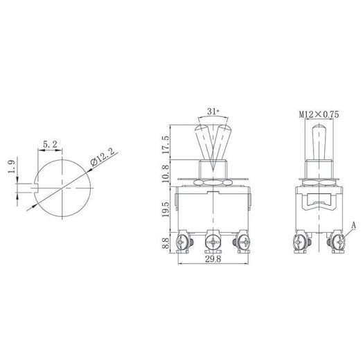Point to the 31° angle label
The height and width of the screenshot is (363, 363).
(213, 111)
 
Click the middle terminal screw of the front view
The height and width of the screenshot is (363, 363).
(213, 242)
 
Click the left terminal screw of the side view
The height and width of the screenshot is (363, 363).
(299, 242)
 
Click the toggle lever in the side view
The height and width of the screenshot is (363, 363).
(319, 142)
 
